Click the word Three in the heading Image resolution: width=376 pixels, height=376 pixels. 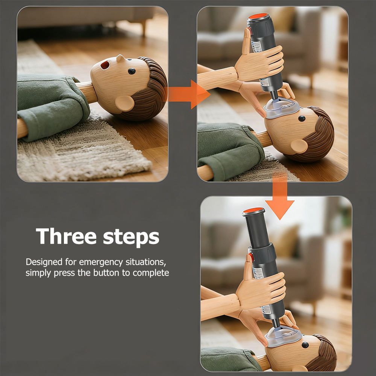point(66,236)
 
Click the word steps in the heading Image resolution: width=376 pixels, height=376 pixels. point(131,237)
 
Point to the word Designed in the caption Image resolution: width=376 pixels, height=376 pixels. point(44,262)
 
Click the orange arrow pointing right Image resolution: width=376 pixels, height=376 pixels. point(188,94)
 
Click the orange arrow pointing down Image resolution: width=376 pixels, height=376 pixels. point(280,196)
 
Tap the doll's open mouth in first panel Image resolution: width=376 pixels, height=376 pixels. point(105,65)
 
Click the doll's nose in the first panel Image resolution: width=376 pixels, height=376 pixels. point(121,59)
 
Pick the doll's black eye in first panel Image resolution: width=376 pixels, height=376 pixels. point(132,71)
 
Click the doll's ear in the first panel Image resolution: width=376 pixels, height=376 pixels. point(124,103)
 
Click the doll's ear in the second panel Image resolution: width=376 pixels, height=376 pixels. point(299,146)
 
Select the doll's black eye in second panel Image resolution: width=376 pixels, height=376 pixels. point(302,118)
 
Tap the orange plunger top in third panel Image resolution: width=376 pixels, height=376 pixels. point(254,211)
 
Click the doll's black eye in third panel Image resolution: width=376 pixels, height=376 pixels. point(305,345)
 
